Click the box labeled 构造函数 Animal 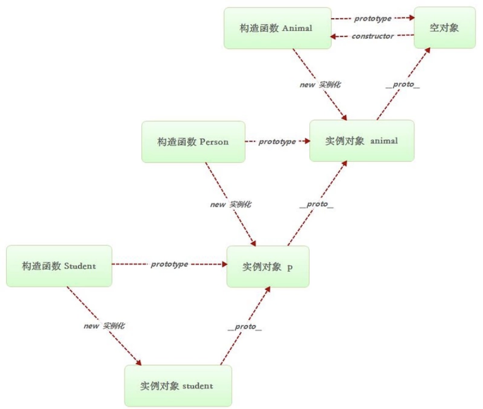277,28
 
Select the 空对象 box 445,28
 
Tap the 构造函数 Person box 193,142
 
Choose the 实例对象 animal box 362,141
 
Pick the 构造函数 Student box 59,266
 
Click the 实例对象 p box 268,267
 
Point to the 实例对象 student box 177,385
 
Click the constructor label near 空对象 373,36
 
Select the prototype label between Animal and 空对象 373,19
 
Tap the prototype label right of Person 277,142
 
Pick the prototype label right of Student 169,264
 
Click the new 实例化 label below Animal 320,85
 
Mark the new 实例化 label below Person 231,205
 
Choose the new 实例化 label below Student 104,326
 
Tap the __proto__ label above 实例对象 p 316,205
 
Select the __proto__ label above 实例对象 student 245,327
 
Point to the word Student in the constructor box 80,266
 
